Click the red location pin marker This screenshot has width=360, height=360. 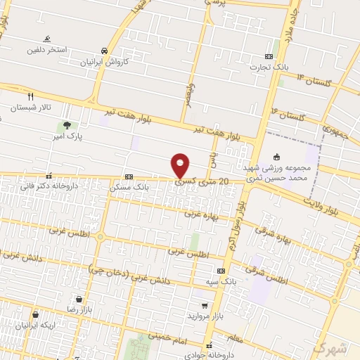(x=181, y=165)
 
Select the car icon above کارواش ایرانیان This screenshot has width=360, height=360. (x=104, y=51)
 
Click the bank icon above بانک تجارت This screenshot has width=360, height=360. (x=269, y=56)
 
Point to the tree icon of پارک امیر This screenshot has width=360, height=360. (x=66, y=126)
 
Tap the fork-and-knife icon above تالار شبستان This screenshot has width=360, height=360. (x=30, y=96)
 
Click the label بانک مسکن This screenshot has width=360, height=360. (x=129, y=188)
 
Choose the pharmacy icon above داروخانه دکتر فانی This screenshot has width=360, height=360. (x=48, y=176)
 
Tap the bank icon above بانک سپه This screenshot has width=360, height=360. (x=221, y=271)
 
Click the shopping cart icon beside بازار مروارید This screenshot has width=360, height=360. (x=204, y=306)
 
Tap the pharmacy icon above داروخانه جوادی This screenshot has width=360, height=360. (x=209, y=345)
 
